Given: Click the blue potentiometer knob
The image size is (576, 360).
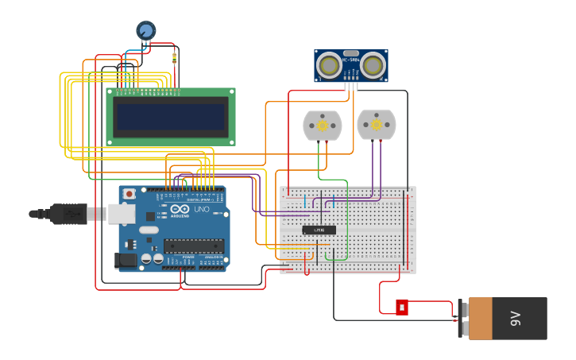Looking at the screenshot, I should pyautogui.click(x=146, y=30).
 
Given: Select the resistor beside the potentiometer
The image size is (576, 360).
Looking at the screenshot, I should pyautogui.click(x=175, y=56).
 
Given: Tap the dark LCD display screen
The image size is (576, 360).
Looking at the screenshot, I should pyautogui.click(x=171, y=117).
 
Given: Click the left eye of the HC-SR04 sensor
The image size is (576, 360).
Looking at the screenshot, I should pyautogui.click(x=328, y=66).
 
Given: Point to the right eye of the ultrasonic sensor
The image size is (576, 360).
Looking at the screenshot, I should pyautogui.click(x=373, y=66).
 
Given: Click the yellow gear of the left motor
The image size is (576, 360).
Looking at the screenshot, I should pyautogui.click(x=323, y=126).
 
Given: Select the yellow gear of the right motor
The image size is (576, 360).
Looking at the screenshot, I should pyautogui.click(x=376, y=125).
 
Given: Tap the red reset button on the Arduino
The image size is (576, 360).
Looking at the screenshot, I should pyautogui.click(x=129, y=194).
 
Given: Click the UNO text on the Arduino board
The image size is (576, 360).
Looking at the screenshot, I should pyautogui.click(x=201, y=210).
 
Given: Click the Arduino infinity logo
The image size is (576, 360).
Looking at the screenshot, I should pyautogui.click(x=180, y=209).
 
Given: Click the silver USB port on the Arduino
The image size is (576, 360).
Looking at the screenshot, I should pyautogui.click(x=121, y=213).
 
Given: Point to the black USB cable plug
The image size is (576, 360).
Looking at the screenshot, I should pyautogui.click(x=68, y=214).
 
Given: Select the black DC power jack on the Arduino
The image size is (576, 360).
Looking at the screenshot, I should pyautogui.click(x=124, y=259).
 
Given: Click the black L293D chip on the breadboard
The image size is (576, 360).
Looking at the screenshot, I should pyautogui.click(x=319, y=230).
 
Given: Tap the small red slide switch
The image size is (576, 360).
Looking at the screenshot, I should pyautogui.click(x=402, y=307).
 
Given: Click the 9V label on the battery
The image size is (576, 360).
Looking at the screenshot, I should pyautogui.click(x=515, y=319).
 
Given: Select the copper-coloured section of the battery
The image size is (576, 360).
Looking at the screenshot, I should pyautogui.click(x=480, y=319).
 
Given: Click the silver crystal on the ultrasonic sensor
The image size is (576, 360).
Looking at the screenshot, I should pyautogui.click(x=350, y=74).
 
